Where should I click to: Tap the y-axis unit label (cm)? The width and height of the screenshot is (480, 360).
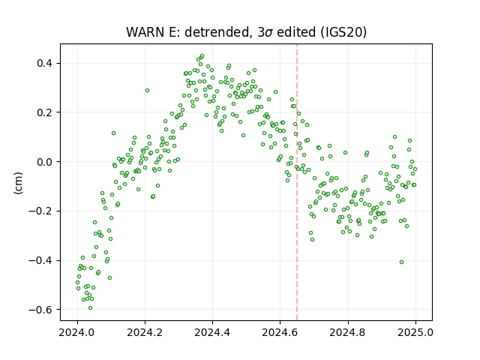click(x=18, y=183)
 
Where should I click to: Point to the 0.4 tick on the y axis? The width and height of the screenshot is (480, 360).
click(x=45, y=63)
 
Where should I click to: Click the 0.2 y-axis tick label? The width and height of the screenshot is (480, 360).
click(x=45, y=112)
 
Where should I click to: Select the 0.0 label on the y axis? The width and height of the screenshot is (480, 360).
click(x=45, y=162)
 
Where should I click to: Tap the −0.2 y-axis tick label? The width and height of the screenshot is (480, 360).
click(x=40, y=211)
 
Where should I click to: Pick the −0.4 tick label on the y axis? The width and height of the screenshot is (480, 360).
click(x=40, y=260)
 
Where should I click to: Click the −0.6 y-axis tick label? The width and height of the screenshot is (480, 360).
click(x=40, y=310)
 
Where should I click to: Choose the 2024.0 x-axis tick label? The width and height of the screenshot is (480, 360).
click(x=77, y=332)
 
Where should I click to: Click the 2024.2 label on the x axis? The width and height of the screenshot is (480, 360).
click(x=145, y=332)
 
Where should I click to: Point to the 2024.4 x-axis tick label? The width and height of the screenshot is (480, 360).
click(x=212, y=332)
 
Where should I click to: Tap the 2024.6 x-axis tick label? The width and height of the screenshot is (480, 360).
click(x=280, y=332)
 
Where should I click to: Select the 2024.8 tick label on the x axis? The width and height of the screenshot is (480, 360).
click(x=348, y=332)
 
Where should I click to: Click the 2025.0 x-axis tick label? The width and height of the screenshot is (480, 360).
click(x=415, y=332)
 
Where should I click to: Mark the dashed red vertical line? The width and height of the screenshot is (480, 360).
click(x=297, y=182)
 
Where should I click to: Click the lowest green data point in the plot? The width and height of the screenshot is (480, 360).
click(x=90, y=308)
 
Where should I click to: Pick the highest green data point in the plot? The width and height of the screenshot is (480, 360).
click(x=202, y=56)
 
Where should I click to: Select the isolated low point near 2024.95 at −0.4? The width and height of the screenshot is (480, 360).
click(x=402, y=262)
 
